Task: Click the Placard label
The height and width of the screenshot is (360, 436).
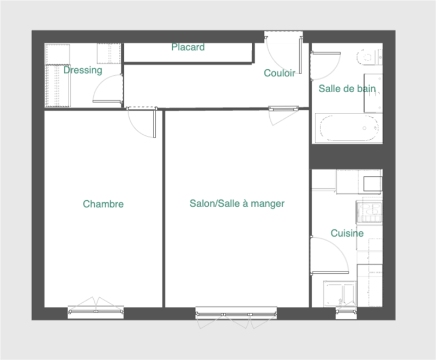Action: tap(188, 47)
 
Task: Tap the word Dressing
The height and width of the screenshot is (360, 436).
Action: tap(83, 70)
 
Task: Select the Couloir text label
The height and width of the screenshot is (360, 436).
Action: tap(280, 73)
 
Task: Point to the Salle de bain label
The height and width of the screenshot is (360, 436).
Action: tap(347, 88)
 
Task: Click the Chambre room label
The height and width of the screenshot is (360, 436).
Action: tap(103, 204)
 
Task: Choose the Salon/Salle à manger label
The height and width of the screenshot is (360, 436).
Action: tap(237, 203)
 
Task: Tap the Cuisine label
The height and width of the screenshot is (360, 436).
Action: tap(347, 233)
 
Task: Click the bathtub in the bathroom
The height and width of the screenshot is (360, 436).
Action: tap(348, 128)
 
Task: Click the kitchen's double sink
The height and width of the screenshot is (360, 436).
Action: tap(340, 294)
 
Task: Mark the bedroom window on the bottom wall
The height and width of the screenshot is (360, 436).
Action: tap(96, 311)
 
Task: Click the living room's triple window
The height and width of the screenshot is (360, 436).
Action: tap(237, 314)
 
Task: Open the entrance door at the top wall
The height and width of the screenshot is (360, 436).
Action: tap(283, 55)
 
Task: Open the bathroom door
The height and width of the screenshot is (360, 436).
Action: tap(325, 66)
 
